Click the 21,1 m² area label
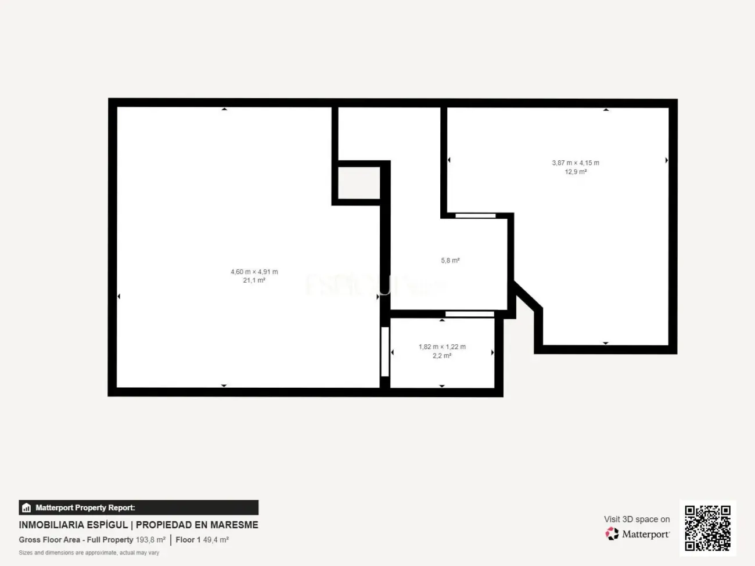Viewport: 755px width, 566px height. click(x=254, y=280)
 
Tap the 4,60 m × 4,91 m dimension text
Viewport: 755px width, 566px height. click(x=254, y=272)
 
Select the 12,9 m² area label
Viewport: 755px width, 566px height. click(x=576, y=172)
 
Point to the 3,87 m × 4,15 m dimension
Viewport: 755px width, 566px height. click(x=576, y=163)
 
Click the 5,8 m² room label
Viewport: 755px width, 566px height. click(x=450, y=261)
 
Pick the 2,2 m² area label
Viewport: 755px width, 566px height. click(x=442, y=356)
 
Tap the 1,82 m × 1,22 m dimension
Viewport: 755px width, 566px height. click(x=442, y=347)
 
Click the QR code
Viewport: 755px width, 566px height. click(x=707, y=528)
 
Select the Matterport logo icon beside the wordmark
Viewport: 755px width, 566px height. click(x=612, y=533)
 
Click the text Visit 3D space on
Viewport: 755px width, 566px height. click(x=637, y=519)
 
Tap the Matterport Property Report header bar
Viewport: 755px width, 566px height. click(x=138, y=507)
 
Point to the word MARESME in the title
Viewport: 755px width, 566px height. click(x=234, y=525)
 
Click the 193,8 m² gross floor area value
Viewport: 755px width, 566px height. click(x=150, y=540)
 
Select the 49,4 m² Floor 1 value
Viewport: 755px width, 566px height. click(x=215, y=540)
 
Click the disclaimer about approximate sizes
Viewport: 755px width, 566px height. click(x=89, y=553)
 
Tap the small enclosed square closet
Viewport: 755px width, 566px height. click(x=359, y=183)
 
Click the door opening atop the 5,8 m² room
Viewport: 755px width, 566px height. click(x=475, y=216)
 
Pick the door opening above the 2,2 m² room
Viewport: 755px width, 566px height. click(x=469, y=315)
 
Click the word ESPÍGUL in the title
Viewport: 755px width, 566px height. click(x=107, y=525)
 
